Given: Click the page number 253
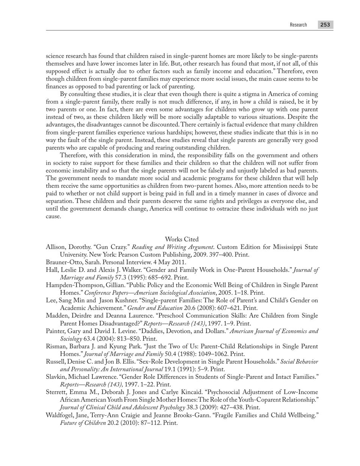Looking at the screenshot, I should click(x=325, y=25).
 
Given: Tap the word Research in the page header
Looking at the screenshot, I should click(x=298, y=25).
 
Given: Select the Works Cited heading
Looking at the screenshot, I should click(x=182, y=239).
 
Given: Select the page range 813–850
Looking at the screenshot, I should click(x=114, y=339).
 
